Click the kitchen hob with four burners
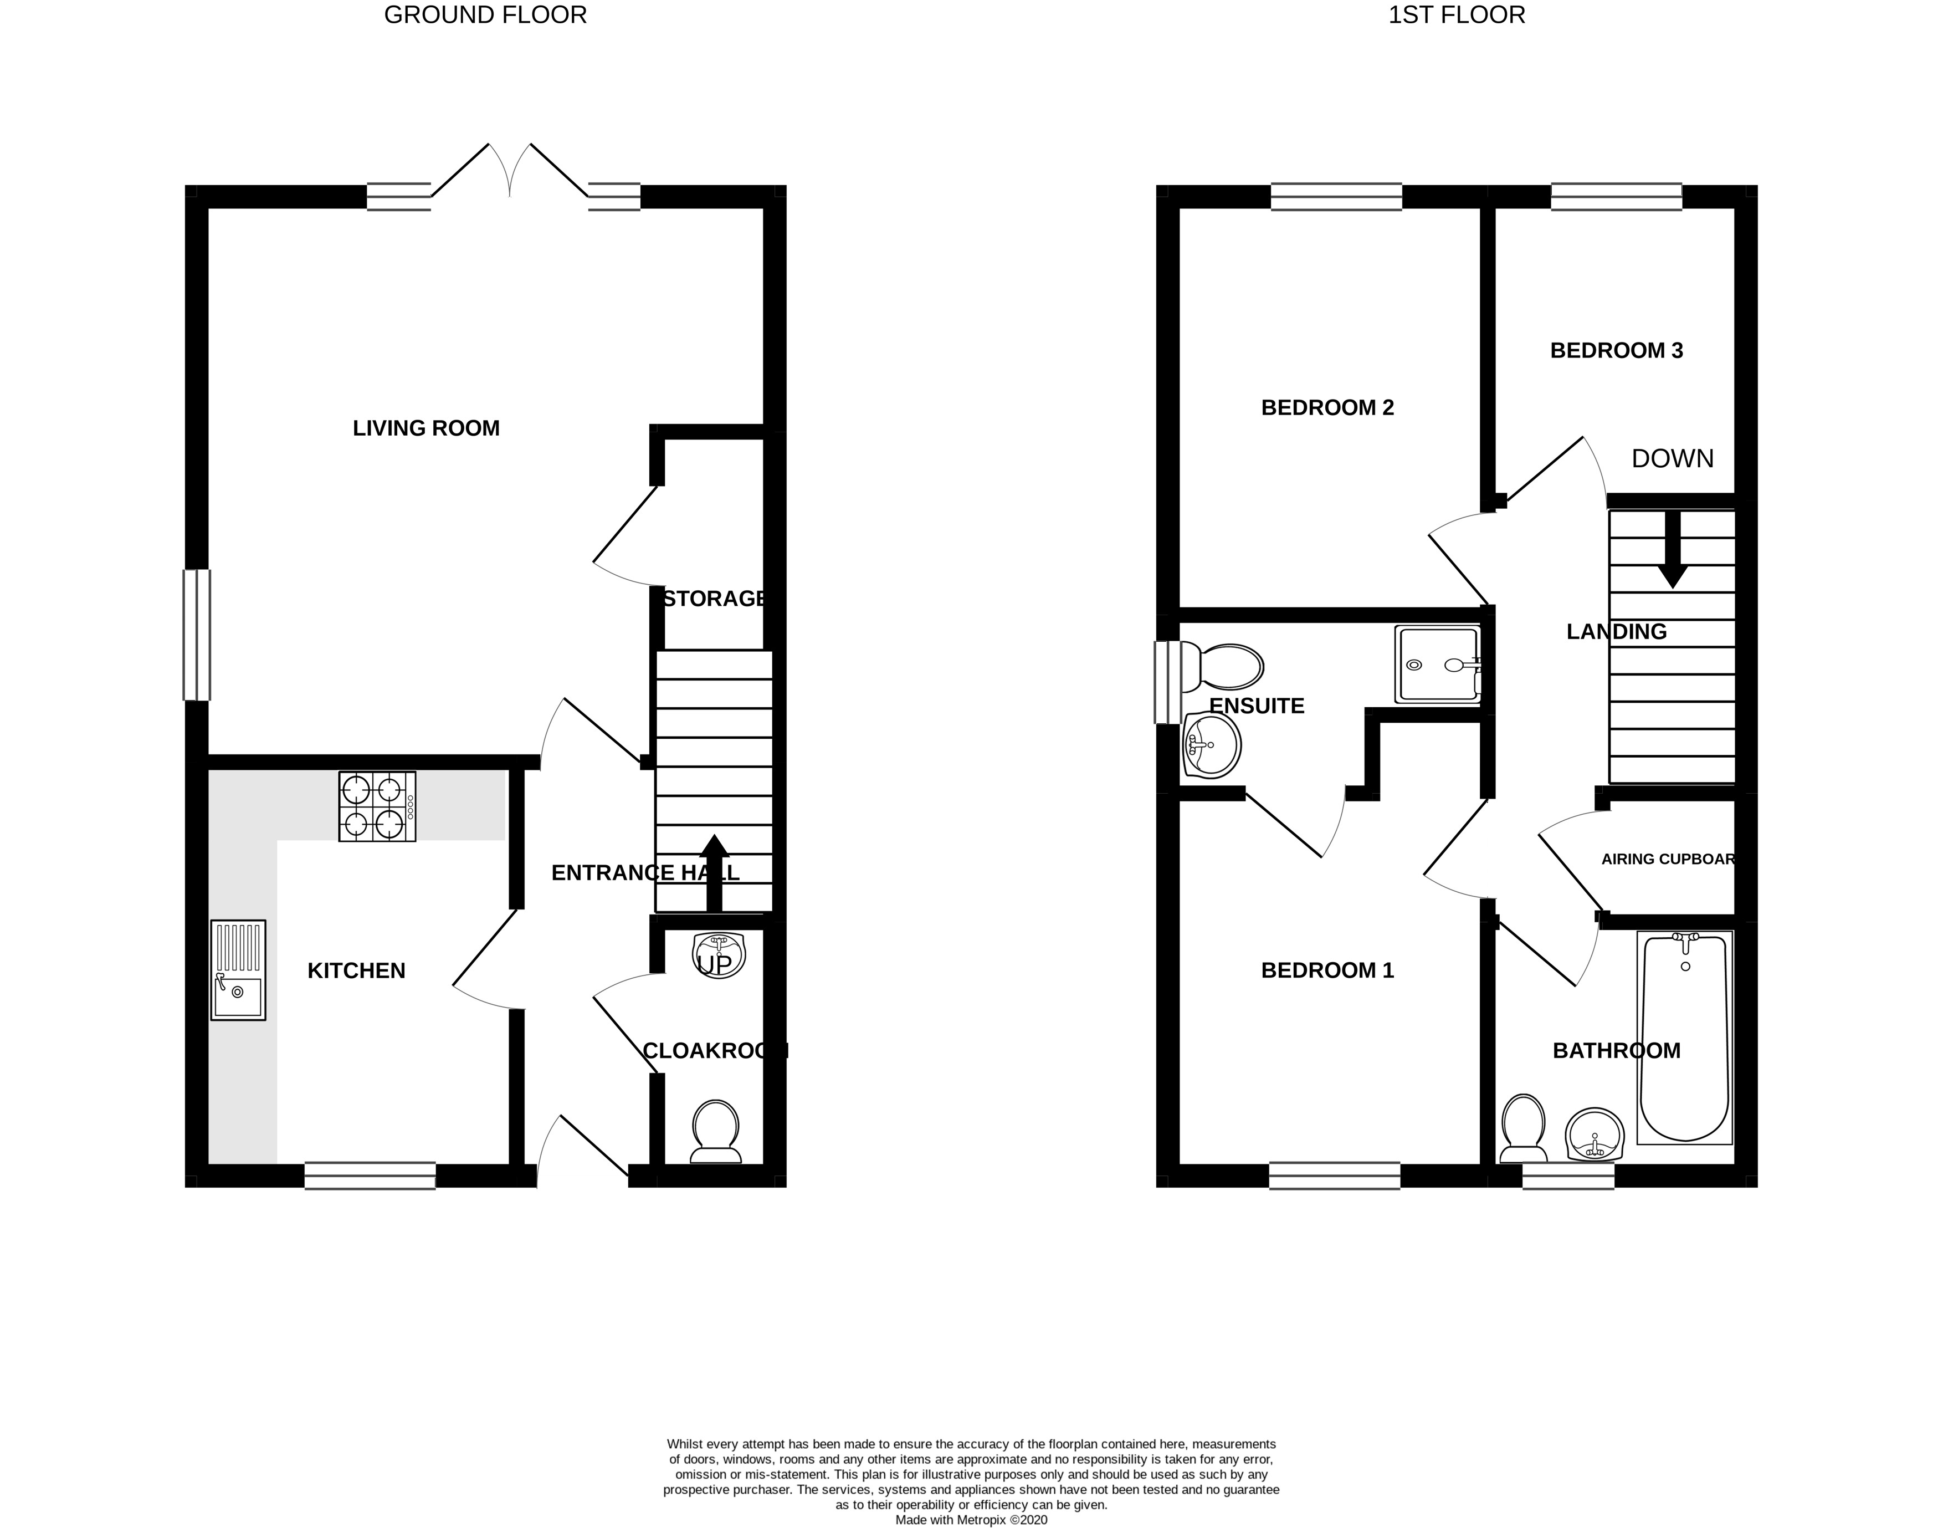(376, 807)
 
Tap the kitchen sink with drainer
(238, 970)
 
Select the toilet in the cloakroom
(715, 1133)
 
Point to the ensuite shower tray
(1437, 665)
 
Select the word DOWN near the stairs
(1672, 459)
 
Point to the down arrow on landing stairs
(1672, 552)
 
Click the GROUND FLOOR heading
(485, 15)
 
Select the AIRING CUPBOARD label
(1668, 860)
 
